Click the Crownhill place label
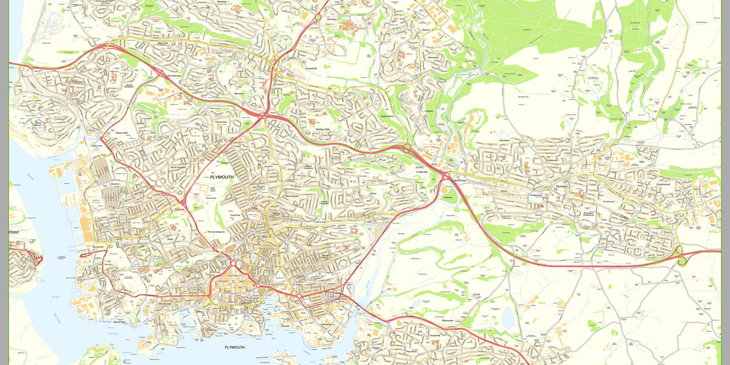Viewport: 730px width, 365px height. (311, 69)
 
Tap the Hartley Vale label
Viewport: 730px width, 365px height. (322, 130)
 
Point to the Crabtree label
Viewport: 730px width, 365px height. (448, 197)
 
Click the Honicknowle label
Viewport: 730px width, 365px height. (175, 76)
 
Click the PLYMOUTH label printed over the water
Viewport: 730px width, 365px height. (234, 347)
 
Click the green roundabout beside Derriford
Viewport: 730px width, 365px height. (318, 18)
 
